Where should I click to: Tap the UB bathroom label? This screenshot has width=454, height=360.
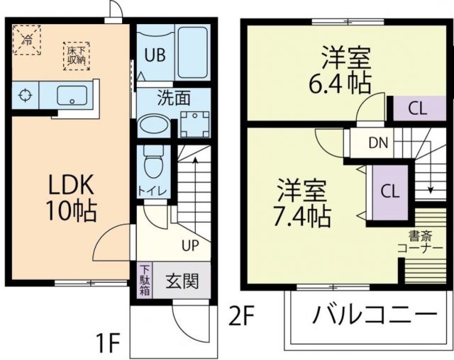click(156, 55)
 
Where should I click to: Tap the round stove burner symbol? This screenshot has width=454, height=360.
click(25, 94)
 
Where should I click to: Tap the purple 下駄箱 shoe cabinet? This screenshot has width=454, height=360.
click(144, 281)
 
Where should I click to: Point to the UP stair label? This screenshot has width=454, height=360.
click(190, 246)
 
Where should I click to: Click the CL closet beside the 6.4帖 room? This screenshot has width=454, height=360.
click(418, 108)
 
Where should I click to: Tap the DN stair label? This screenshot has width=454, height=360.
click(378, 142)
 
